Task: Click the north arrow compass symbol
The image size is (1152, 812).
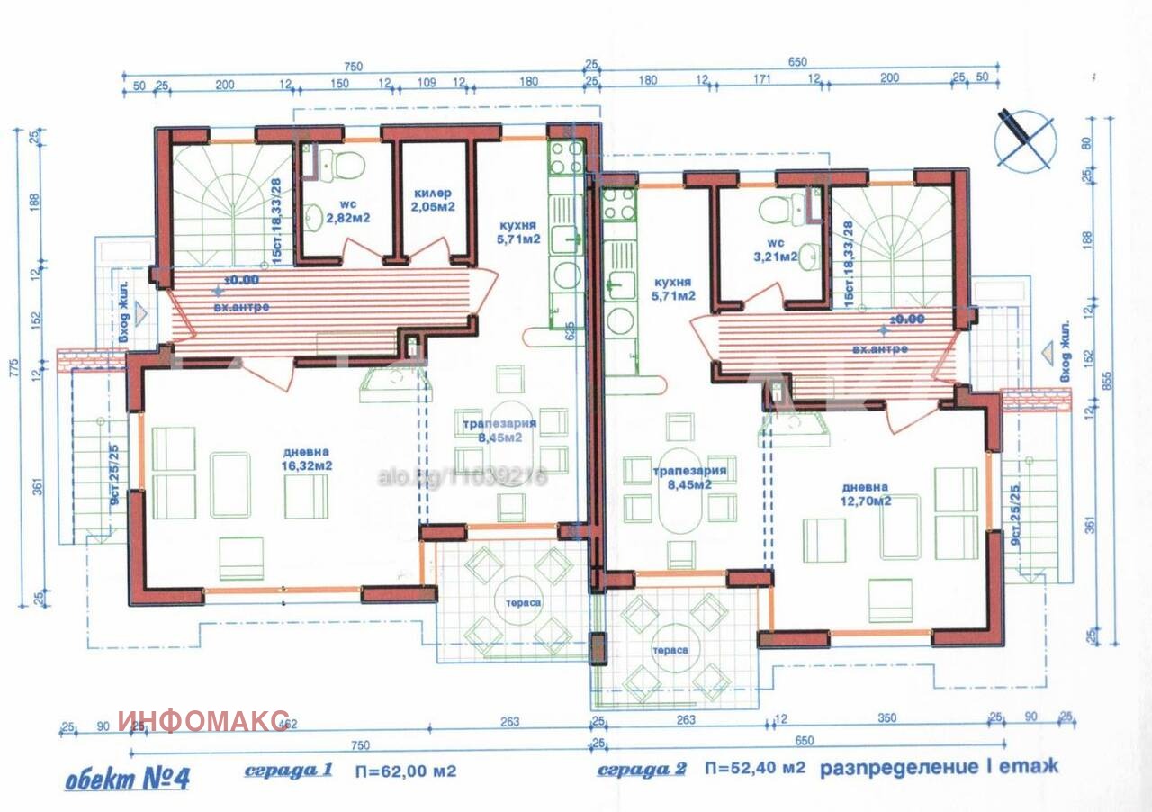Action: [1025, 140]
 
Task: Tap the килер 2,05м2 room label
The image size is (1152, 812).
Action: [434, 200]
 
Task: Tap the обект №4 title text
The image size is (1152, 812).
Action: [127, 777]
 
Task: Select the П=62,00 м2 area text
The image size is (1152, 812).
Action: [405, 771]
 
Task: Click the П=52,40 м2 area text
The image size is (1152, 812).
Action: [755, 768]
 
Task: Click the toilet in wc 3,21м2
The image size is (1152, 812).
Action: [774, 209]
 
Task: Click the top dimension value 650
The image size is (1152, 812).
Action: [797, 62]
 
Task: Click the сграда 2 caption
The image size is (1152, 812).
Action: [642, 770]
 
